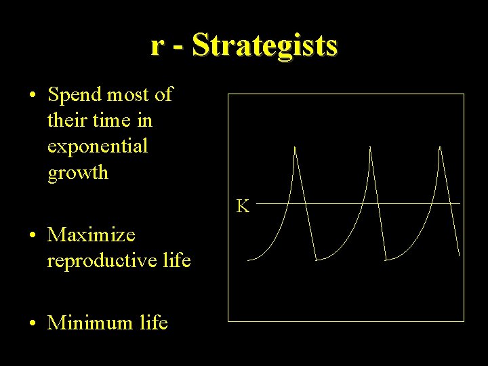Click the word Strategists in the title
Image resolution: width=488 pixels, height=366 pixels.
pyautogui.click(x=264, y=45)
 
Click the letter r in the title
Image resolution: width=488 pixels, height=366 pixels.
pyautogui.click(x=157, y=45)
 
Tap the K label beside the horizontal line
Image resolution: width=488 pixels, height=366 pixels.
pyautogui.click(x=242, y=206)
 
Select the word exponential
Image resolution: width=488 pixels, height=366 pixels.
pyautogui.click(x=98, y=146)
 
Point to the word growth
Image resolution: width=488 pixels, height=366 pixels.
pyautogui.click(x=78, y=172)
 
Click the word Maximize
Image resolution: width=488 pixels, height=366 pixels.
pyautogui.click(x=91, y=235)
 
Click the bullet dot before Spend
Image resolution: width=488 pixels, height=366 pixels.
pyautogui.click(x=33, y=96)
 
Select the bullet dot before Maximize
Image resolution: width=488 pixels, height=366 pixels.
pyautogui.click(x=33, y=236)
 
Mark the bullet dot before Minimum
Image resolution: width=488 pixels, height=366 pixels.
pyautogui.click(x=33, y=323)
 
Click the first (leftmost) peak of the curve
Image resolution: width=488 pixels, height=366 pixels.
pyautogui.click(x=295, y=147)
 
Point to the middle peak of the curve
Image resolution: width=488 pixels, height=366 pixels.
pyautogui.click(x=370, y=147)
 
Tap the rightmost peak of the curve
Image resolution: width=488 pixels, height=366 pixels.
pyautogui.click(x=440, y=147)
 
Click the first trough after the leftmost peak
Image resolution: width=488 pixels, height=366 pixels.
pyautogui.click(x=317, y=259)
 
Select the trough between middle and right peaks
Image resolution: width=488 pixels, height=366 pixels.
pyautogui.click(x=386, y=259)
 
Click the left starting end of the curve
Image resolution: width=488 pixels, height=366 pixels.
pyautogui.click(x=249, y=260)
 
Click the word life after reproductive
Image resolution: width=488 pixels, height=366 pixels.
pyautogui.click(x=177, y=260)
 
